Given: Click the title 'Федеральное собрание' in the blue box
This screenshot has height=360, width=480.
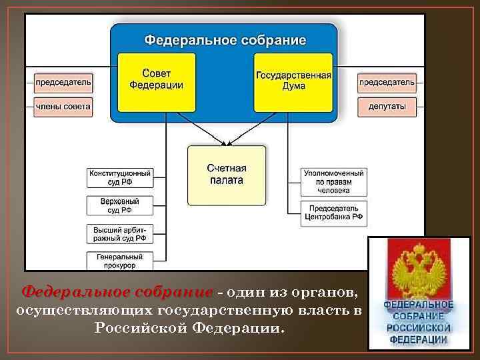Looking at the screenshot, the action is pos(225,40).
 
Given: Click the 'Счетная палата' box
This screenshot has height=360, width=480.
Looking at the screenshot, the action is pos(226,175).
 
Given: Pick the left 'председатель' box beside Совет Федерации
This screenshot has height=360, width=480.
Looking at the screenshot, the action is pos(64,84).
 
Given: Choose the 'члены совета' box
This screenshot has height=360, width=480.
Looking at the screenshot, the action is pos(64,106).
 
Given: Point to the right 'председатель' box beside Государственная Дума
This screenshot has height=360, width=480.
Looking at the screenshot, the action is pos(387,84).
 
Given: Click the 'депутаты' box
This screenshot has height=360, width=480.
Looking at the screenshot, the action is pos(387,106).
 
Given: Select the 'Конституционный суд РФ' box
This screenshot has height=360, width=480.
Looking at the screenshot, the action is pos(120,178).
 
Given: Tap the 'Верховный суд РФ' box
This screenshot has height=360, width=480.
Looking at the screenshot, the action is pos(120,205).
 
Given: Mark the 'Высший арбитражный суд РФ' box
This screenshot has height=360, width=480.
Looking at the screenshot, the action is pos(120,233).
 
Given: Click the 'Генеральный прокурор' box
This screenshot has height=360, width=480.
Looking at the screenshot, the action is pos(120,260).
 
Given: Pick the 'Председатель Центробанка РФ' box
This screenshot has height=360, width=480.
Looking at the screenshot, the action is pos(334,212).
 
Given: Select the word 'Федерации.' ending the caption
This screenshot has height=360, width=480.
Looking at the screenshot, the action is pos(237,328).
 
